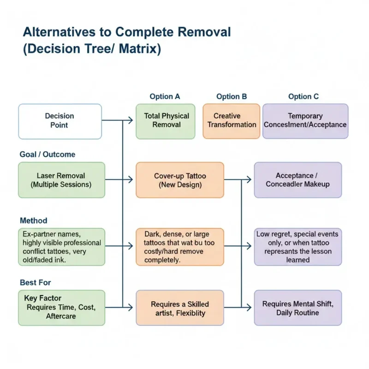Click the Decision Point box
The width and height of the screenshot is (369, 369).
click(60, 121)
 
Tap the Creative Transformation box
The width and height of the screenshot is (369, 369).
click(232, 121)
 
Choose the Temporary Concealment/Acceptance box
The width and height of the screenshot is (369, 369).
click(305, 121)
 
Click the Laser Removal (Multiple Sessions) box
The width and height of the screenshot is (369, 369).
click(61, 180)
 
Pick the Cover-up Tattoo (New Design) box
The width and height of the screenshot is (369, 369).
click(180, 180)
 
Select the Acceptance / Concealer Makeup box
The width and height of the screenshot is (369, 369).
click(298, 180)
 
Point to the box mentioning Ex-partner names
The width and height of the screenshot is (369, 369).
click(61, 247)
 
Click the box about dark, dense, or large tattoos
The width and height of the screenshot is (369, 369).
click(180, 247)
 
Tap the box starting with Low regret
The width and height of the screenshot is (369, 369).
click(298, 247)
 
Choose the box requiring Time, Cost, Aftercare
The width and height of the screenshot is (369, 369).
click(61, 308)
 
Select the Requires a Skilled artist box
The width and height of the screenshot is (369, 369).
click(180, 308)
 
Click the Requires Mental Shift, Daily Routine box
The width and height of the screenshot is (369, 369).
click(298, 308)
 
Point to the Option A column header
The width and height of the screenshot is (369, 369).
click(165, 96)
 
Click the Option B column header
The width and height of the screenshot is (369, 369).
click(232, 96)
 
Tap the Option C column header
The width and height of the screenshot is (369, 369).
click(304, 96)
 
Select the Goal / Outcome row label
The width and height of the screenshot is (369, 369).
click(47, 155)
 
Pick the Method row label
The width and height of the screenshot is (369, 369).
click(33, 221)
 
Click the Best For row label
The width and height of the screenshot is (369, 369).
click(35, 282)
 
